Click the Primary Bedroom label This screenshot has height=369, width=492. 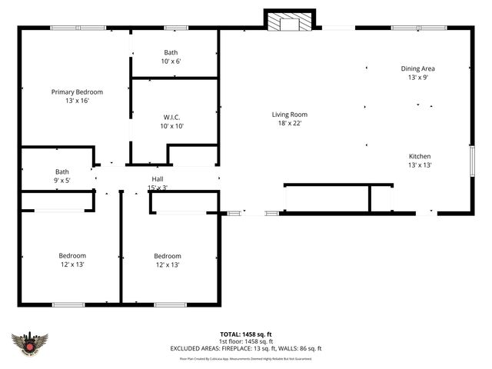pos(77,91)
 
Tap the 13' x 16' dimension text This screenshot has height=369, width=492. pos(77,101)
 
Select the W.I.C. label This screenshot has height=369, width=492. pos(172,117)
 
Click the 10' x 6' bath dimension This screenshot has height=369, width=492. pos(171,61)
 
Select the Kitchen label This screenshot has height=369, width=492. pos(419,156)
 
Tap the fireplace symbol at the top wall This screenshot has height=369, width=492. pos(289,22)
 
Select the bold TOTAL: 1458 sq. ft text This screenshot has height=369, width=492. pos(246,334)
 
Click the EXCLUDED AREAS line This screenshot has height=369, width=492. pos(246,348)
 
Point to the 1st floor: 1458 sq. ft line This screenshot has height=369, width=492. pos(246,341)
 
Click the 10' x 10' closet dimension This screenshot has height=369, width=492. pos(172,126)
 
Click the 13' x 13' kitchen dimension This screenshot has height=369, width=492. pos(419,165)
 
